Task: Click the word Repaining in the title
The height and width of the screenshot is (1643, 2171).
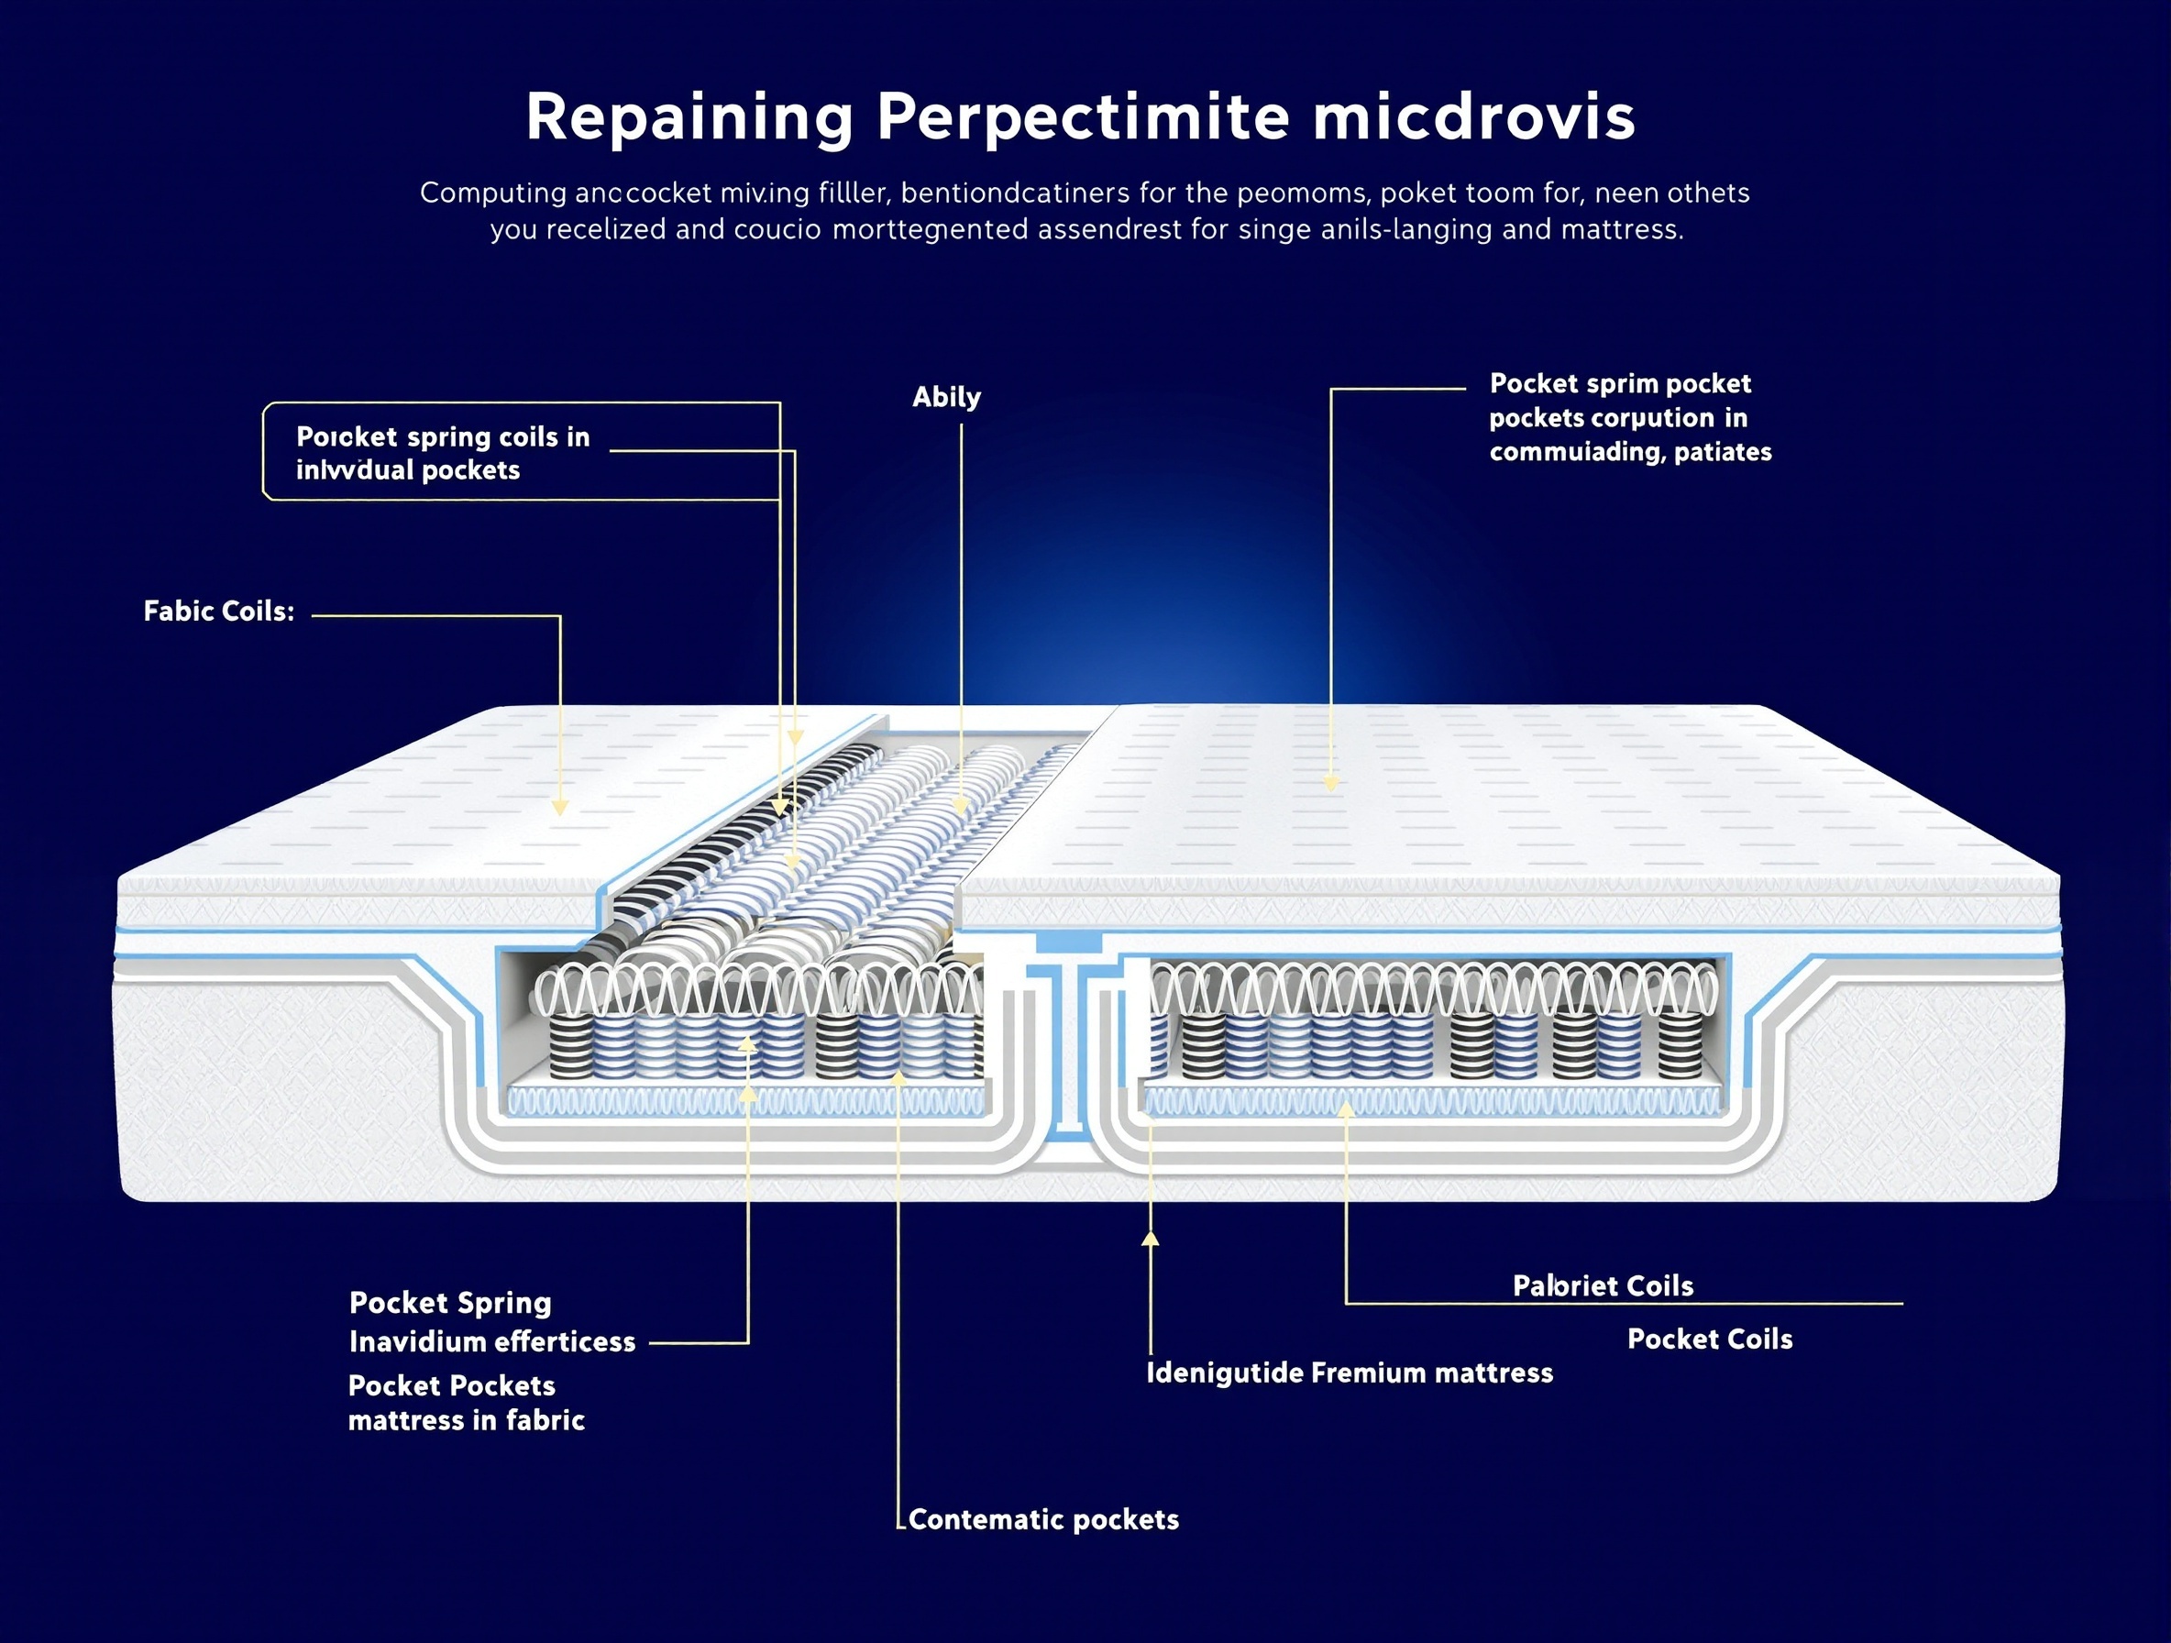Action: click(x=689, y=119)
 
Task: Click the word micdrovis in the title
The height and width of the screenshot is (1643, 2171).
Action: click(x=1473, y=119)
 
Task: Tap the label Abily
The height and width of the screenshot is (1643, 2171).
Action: click(x=946, y=398)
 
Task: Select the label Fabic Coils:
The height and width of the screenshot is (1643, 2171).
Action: click(x=219, y=612)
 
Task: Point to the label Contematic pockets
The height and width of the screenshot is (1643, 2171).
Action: click(x=1043, y=1520)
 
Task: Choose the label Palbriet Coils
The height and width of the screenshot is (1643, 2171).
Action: click(x=1603, y=1285)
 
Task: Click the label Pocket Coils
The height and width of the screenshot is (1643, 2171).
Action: click(x=1710, y=1340)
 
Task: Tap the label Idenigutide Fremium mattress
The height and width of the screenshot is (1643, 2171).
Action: click(x=1350, y=1373)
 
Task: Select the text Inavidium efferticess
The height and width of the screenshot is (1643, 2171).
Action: click(x=492, y=1341)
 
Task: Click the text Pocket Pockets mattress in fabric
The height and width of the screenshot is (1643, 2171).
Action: click(x=466, y=1404)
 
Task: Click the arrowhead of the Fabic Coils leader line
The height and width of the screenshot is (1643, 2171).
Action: click(x=559, y=807)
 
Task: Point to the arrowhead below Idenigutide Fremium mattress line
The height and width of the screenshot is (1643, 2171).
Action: click(x=1151, y=1240)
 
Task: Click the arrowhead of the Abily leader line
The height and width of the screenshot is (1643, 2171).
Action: click(x=961, y=805)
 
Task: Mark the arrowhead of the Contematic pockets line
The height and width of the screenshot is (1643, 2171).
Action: click(x=898, y=1077)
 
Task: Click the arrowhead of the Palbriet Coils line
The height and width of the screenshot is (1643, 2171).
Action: click(x=1346, y=1109)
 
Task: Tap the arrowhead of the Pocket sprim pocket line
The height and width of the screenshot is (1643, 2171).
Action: click(x=1331, y=783)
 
